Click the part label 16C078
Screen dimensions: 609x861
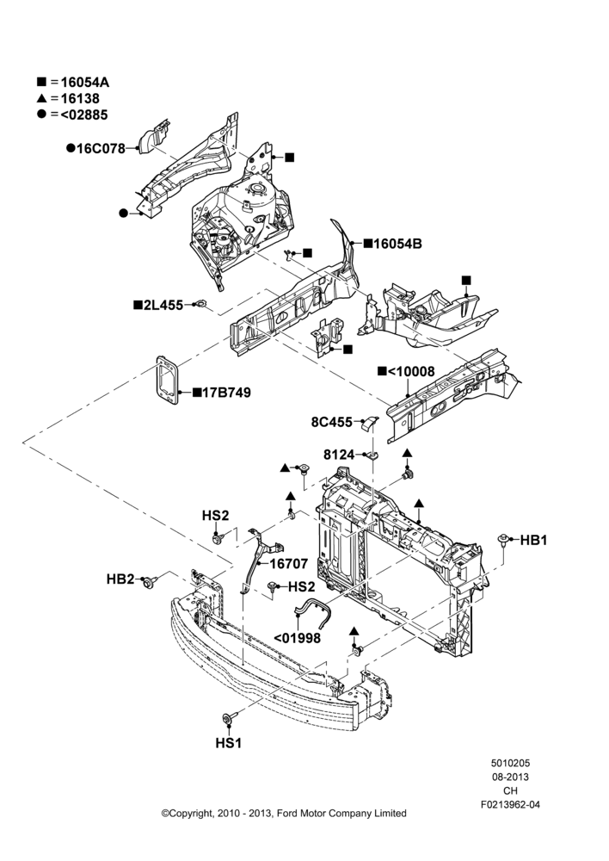[x=101, y=149]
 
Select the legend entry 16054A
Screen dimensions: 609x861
[x=84, y=83]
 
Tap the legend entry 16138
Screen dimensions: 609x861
[x=80, y=99]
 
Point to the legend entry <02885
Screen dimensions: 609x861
[x=84, y=115]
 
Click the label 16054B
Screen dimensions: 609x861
[x=397, y=244]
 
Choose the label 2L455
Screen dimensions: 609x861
[x=163, y=306]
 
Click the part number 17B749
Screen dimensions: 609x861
[x=226, y=393]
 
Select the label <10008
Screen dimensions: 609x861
[x=411, y=372]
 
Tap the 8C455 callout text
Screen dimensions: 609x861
[x=332, y=422]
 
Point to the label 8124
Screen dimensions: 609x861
[x=339, y=455]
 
